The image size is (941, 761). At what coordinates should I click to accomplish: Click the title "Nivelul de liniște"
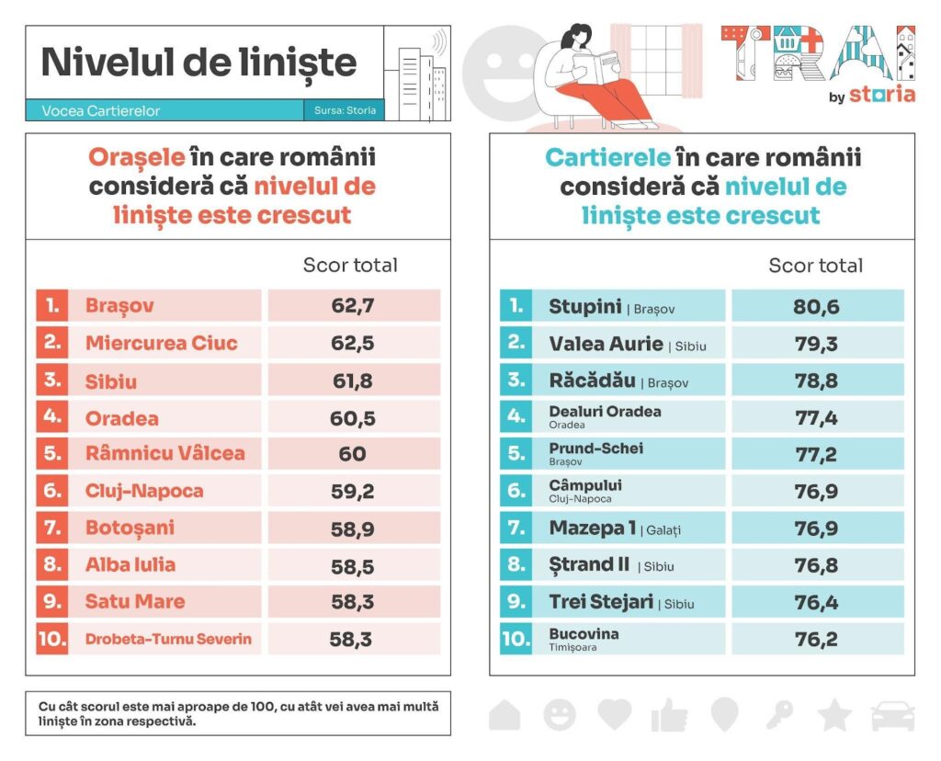[198, 62]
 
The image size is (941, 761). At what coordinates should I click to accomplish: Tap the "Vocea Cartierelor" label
[101, 110]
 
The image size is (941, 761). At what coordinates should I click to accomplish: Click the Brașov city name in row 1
[119, 306]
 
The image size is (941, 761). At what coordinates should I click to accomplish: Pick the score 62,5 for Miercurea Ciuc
[353, 343]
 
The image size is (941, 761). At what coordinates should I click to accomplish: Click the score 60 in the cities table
[353, 454]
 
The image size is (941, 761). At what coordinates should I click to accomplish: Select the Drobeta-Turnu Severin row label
[168, 639]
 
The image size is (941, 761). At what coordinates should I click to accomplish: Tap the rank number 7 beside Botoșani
[51, 528]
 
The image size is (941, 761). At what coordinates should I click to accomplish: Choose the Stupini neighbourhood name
[585, 306]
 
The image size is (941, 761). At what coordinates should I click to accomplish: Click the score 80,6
[816, 306]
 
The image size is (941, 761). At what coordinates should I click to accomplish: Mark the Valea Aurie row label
[606, 344]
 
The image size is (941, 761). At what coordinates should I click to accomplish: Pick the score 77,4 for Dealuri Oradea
[816, 417]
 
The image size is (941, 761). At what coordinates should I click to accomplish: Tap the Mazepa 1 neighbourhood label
[593, 528]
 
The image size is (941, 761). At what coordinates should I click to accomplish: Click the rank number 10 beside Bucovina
[516, 639]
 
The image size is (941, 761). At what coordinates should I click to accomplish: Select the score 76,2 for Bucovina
[816, 639]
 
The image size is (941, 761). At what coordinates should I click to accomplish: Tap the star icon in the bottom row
[834, 714]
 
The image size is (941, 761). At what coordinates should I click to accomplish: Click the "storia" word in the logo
[881, 95]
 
